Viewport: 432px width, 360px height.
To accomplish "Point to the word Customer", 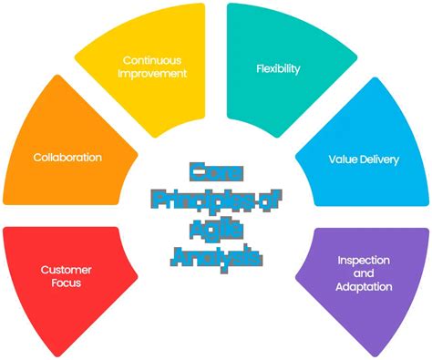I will point(66,270).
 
